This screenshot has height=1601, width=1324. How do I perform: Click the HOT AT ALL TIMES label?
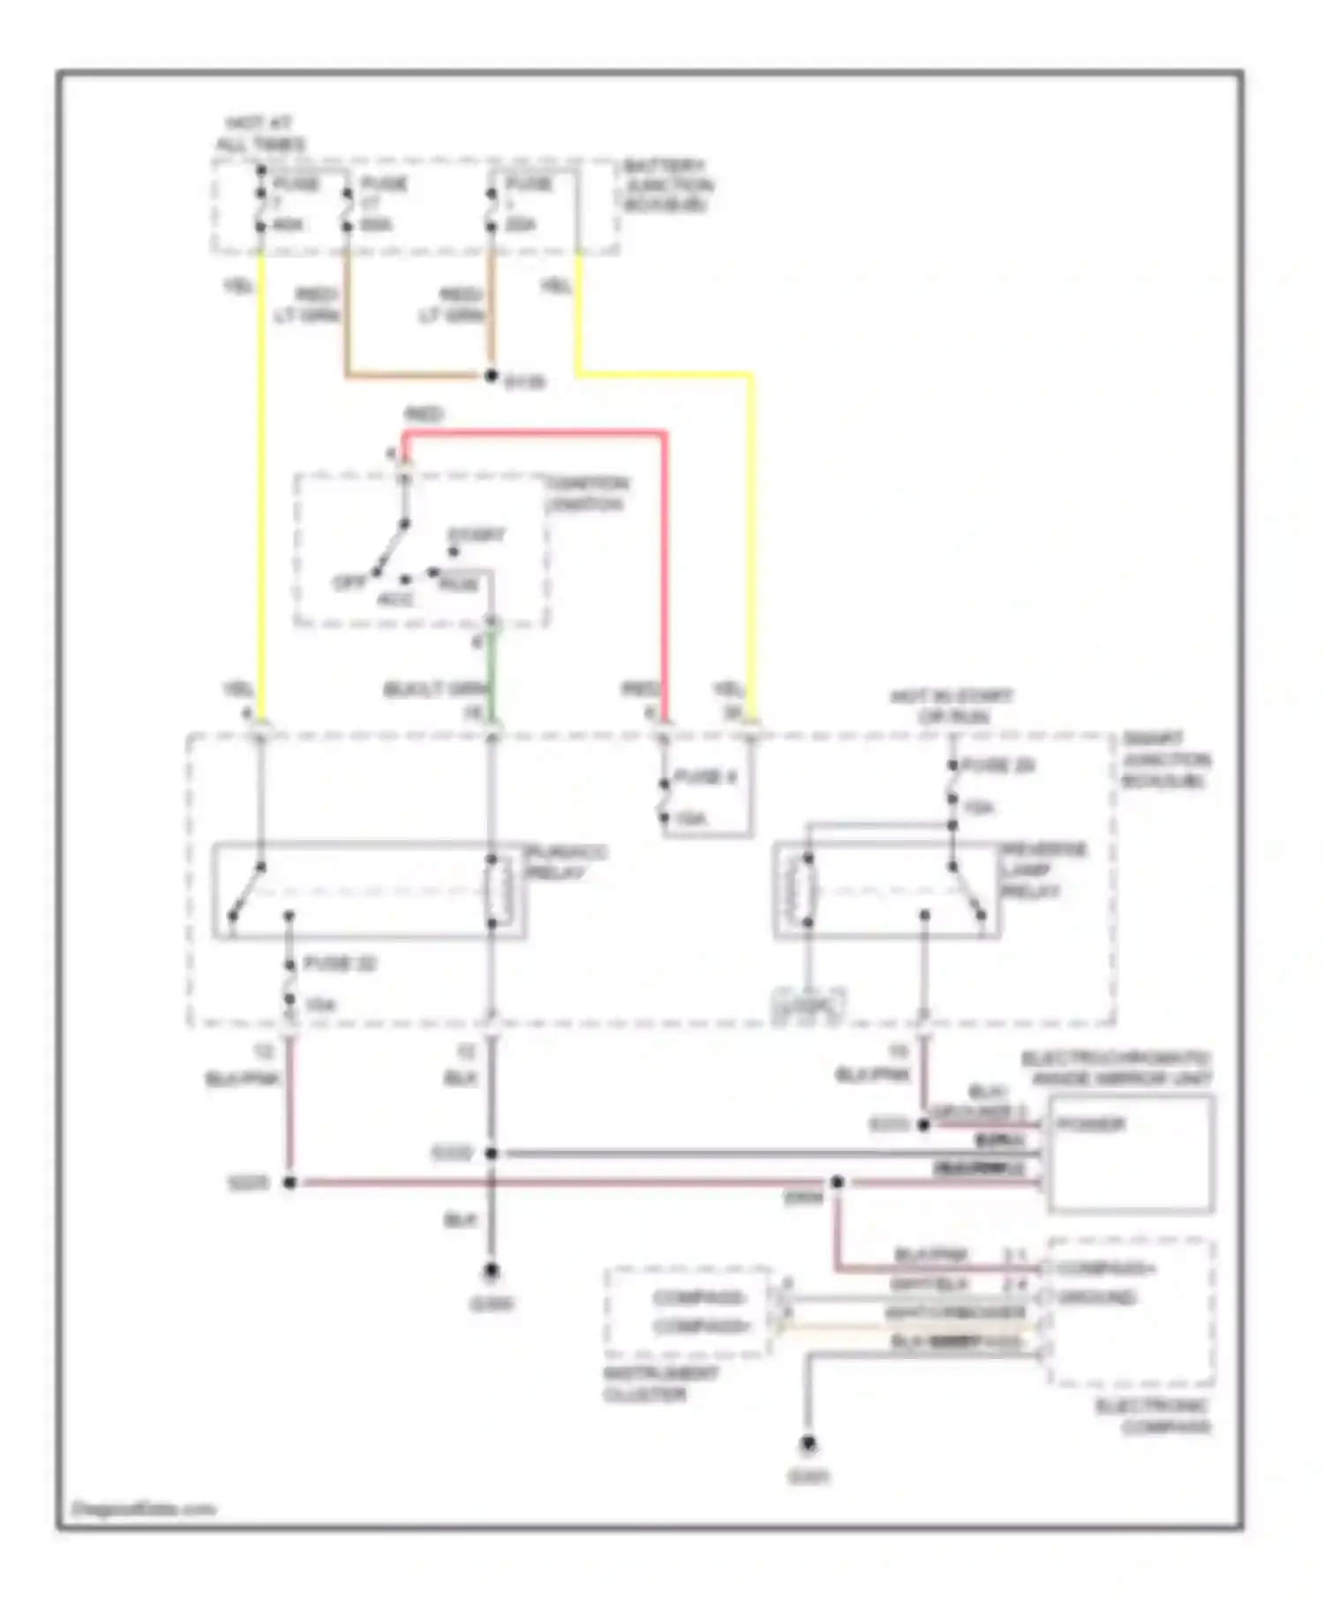pyautogui.click(x=261, y=133)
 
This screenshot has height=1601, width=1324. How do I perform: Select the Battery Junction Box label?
pyautogui.click(x=666, y=185)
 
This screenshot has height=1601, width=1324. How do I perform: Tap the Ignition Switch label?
pyautogui.click(x=586, y=493)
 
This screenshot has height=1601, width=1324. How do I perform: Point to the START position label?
pyautogui.click(x=477, y=535)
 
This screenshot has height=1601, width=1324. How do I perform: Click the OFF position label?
pyautogui.click(x=349, y=583)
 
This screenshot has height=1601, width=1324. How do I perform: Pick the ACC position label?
pyautogui.click(x=395, y=599)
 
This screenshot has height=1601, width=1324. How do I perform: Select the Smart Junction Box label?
pyautogui.click(x=1165, y=760)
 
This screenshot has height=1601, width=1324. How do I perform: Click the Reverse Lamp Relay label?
pyautogui.click(x=1043, y=870)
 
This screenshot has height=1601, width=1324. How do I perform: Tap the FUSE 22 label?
pyautogui.click(x=340, y=963)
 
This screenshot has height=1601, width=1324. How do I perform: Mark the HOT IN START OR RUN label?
pyautogui.click(x=952, y=706)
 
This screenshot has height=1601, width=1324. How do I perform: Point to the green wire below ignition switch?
pyautogui.click(x=492, y=675)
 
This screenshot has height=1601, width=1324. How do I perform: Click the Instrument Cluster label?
pyautogui.click(x=660, y=1384)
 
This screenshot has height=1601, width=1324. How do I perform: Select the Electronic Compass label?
pyautogui.click(x=1153, y=1417)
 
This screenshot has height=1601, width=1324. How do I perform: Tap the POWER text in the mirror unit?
pyautogui.click(x=1091, y=1124)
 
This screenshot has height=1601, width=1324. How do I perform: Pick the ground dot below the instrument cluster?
pyautogui.click(x=808, y=1445)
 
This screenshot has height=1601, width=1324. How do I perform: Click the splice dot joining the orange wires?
pyautogui.click(x=492, y=376)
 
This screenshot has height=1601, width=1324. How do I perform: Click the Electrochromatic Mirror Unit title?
pyautogui.click(x=1117, y=1068)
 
